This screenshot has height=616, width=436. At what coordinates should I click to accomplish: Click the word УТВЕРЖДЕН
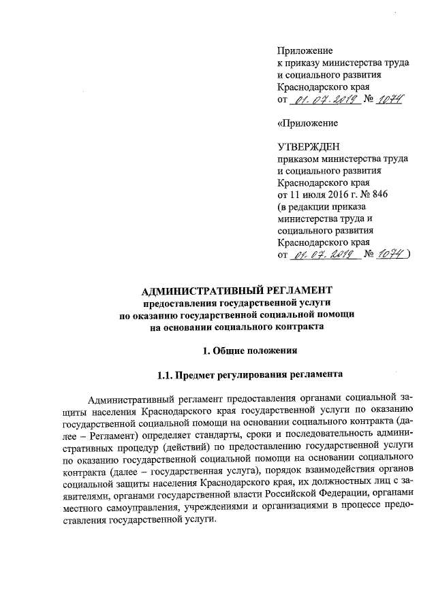click(307, 146)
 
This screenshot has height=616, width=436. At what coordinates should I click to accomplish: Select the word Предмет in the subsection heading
click(202, 374)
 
